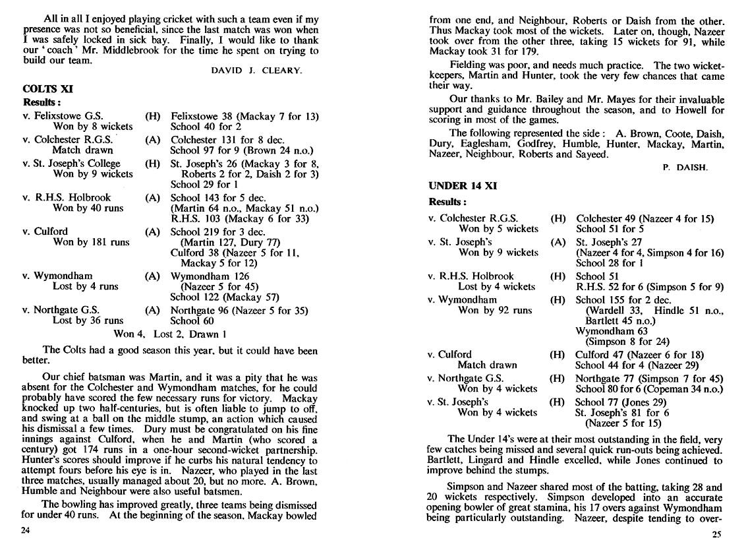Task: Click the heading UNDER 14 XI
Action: pos(463,186)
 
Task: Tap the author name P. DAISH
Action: pos(685,168)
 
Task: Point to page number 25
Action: pos(717,535)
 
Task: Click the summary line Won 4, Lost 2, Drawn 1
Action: pos(166,334)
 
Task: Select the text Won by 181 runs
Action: pos(91,242)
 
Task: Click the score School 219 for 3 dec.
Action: pos(217,231)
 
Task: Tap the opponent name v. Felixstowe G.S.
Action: pos(63,116)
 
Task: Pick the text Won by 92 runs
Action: pos(495,310)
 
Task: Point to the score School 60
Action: pos(193,321)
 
